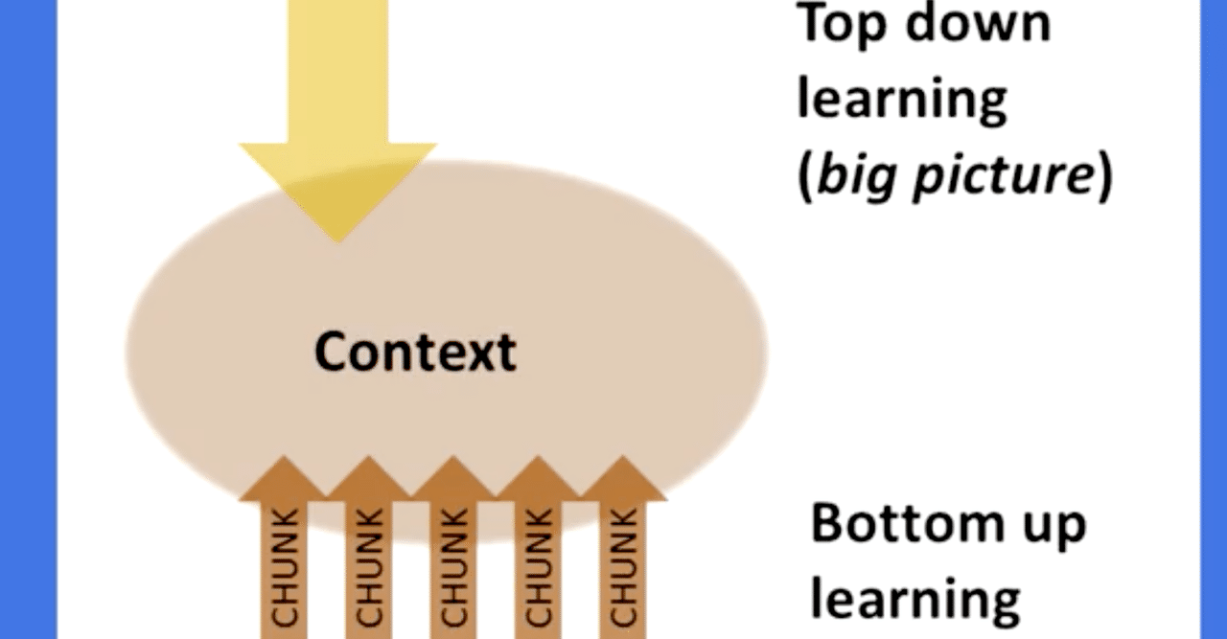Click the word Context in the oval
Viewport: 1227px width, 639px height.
pos(415,353)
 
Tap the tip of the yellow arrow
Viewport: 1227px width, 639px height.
pos(338,242)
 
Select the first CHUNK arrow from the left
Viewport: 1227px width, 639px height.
pos(284,547)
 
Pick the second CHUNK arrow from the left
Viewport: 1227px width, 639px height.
pos(369,547)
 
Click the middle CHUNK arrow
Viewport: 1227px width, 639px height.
pos(453,547)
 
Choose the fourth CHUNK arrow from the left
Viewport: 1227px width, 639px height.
pos(538,547)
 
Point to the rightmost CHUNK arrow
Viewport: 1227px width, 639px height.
pos(623,547)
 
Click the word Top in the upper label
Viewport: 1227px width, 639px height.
pos(842,26)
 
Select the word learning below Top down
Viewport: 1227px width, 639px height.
pos(902,100)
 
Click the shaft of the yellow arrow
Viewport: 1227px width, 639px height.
pos(338,72)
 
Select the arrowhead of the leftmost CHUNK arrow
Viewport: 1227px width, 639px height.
pos(284,478)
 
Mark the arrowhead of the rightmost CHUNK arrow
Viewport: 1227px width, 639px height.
pos(623,478)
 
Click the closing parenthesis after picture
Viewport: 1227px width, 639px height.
pos(1105,176)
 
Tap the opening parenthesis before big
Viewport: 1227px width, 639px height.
pos(805,176)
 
